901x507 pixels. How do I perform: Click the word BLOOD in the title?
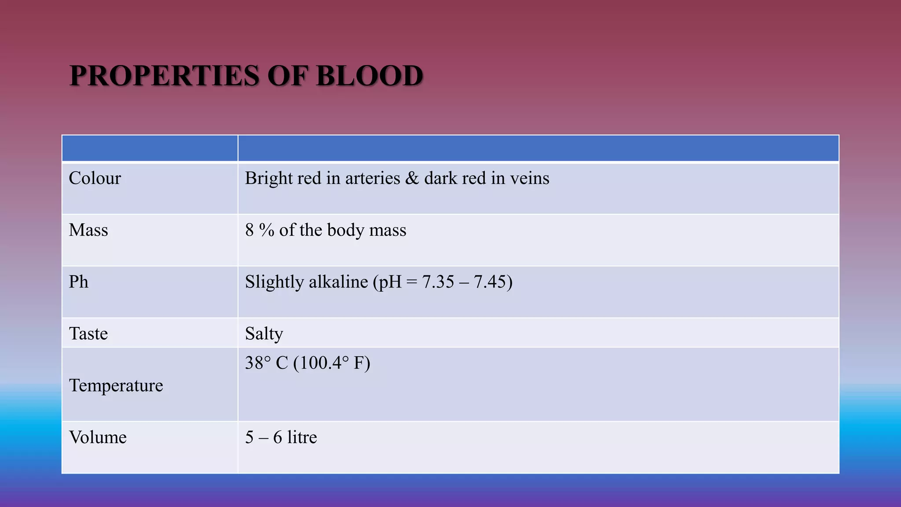click(369, 76)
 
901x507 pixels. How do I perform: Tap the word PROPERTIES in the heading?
click(164, 76)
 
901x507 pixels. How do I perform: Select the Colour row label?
click(95, 178)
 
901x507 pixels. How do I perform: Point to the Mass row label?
click(88, 230)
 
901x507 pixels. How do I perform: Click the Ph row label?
click(78, 282)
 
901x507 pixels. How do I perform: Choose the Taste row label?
click(88, 334)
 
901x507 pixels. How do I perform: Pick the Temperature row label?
click(116, 386)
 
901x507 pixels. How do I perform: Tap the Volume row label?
click(98, 437)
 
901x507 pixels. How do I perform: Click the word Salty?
click(264, 334)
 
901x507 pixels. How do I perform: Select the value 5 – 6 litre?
click(281, 437)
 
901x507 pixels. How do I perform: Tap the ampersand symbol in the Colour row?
click(412, 178)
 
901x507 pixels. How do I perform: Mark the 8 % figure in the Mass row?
click(260, 230)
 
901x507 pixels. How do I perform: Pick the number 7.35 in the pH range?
click(438, 282)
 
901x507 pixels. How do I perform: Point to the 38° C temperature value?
click(266, 363)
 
